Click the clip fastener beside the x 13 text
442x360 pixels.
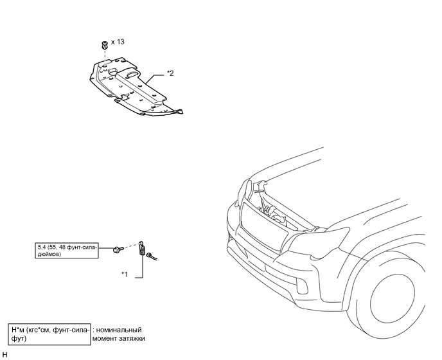pos(103,45)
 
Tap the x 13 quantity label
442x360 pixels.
pos(118,41)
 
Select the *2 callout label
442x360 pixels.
pos(170,73)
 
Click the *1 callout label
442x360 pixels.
pos(125,274)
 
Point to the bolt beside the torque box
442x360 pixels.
pos(117,248)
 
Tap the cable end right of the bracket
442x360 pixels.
pos(154,258)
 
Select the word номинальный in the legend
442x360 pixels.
pos(118,330)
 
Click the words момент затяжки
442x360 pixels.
pos(119,338)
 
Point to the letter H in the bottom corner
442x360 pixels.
pos(4,354)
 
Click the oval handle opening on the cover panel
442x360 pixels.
pos(131,75)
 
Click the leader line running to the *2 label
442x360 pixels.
pos(157,76)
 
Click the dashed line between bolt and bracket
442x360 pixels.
pos(130,245)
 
